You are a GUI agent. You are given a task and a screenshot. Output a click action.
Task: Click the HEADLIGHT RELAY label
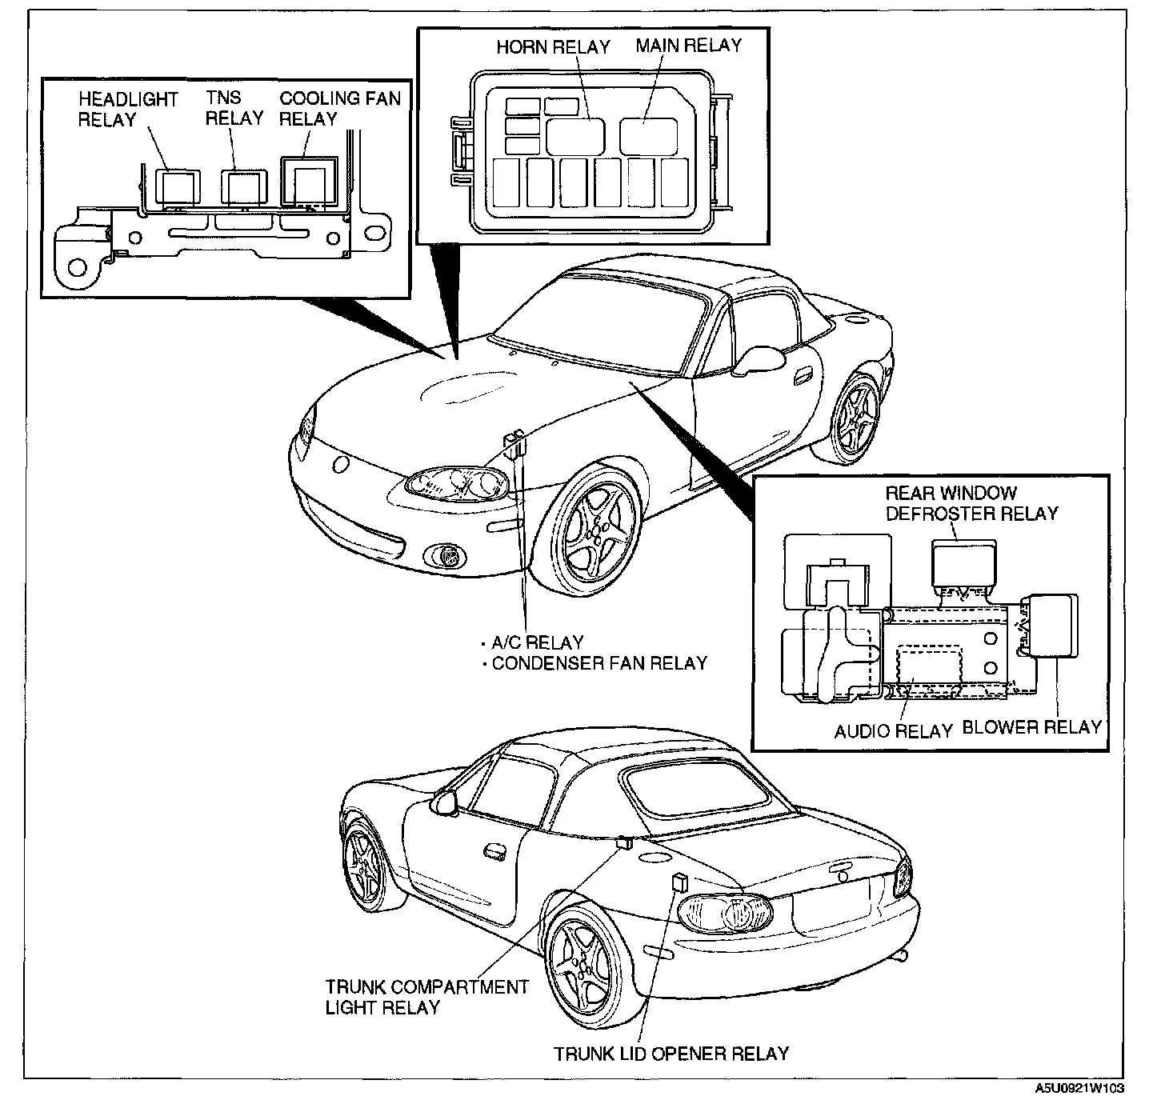(x=128, y=110)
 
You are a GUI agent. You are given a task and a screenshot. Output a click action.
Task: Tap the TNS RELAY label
(x=234, y=109)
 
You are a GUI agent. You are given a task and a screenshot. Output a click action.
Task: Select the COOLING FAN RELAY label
(x=339, y=110)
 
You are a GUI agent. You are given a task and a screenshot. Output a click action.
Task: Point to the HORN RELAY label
(x=553, y=46)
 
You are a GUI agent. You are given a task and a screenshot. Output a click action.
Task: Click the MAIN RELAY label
(x=689, y=45)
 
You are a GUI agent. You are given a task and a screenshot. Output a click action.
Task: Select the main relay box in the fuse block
(x=649, y=136)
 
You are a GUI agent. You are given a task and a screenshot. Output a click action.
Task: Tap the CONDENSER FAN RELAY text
(x=599, y=663)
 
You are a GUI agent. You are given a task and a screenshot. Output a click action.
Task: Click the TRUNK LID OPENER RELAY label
(x=672, y=1054)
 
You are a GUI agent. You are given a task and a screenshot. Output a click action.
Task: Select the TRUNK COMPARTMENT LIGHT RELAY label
(x=426, y=997)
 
